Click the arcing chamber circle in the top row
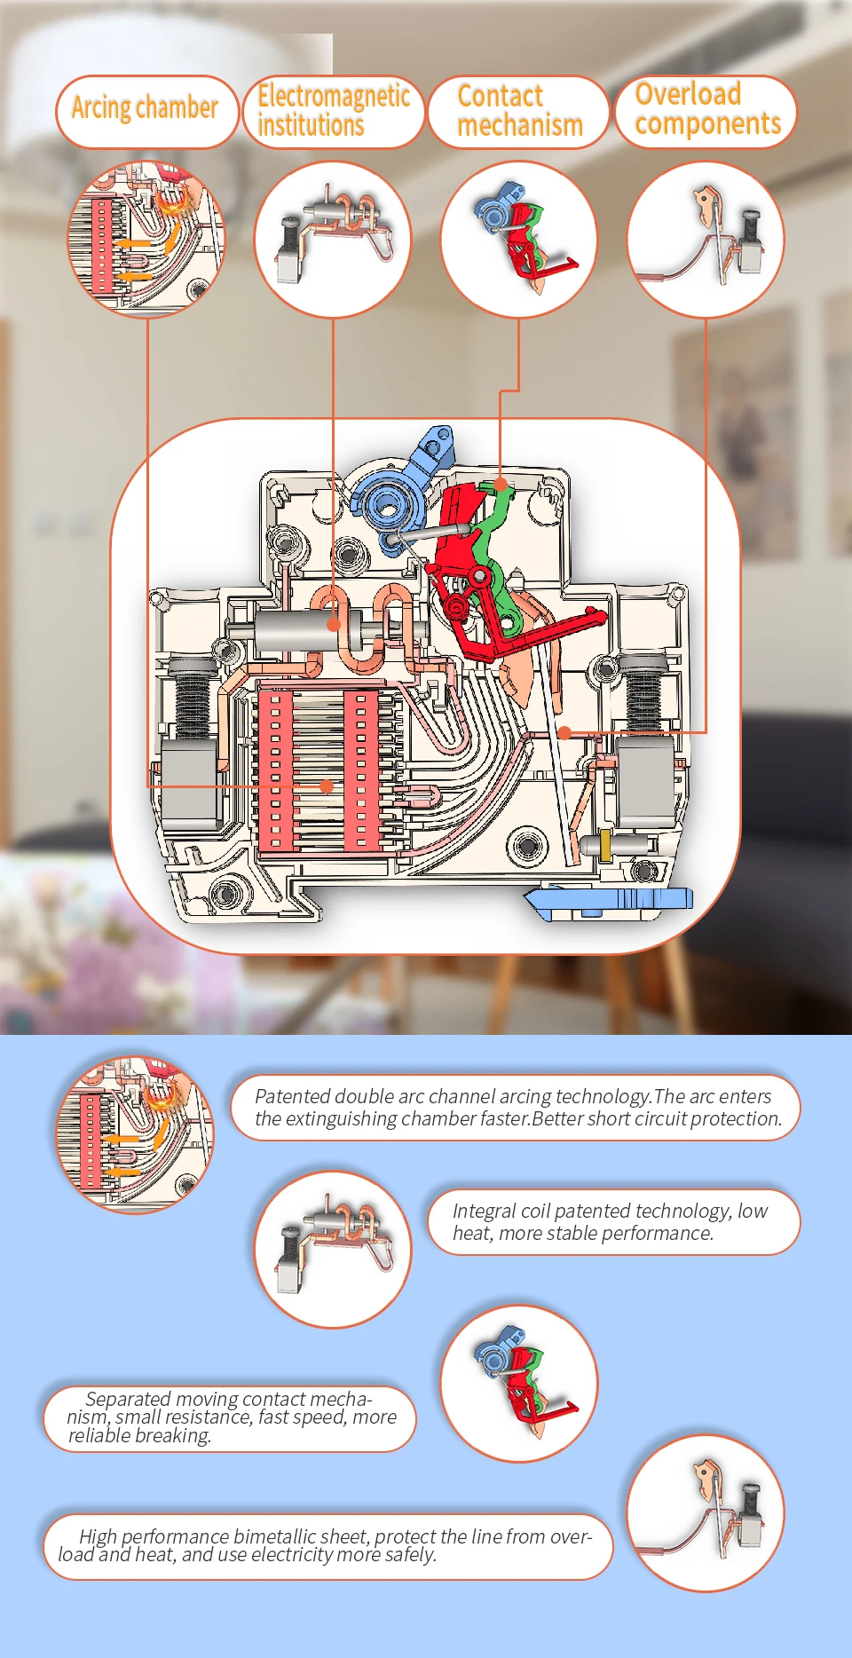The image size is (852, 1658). point(147,239)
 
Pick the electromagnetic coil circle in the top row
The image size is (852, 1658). point(333,240)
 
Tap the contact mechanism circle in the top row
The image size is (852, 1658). point(519,240)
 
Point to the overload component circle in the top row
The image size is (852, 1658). point(706,240)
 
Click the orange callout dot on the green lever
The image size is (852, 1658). point(501,485)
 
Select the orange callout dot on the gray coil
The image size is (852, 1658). point(334,624)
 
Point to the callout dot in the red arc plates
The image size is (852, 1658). point(327,786)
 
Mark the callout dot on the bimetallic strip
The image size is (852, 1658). point(564,732)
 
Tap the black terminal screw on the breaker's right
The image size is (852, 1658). point(645,693)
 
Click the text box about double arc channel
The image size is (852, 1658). point(516,1108)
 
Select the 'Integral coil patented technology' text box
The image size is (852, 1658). point(614,1222)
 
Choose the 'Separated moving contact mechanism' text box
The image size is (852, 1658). point(230,1418)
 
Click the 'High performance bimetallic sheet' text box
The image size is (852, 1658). point(328,1546)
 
